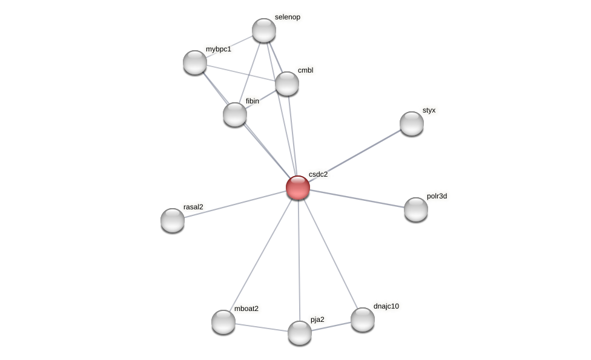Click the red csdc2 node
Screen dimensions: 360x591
point(298,188)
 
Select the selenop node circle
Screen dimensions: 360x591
point(264,30)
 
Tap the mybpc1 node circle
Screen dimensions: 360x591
point(195,62)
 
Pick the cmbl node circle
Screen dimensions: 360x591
point(287,83)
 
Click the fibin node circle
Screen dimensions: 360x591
point(235,114)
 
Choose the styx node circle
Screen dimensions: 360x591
point(412,123)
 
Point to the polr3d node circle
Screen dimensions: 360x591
point(416,209)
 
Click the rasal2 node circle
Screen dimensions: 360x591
point(173,220)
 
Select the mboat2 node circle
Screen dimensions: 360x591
point(223,322)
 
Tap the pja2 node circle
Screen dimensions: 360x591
point(300,333)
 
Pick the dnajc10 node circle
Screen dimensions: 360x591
point(363,319)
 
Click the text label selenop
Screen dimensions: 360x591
point(287,17)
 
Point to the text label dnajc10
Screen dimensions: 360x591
point(386,306)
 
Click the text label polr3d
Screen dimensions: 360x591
point(437,196)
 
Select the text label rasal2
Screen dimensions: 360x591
point(193,207)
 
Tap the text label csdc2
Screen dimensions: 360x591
point(318,174)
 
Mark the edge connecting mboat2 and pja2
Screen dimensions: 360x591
point(262,327)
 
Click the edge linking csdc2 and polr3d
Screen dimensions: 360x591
point(357,198)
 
